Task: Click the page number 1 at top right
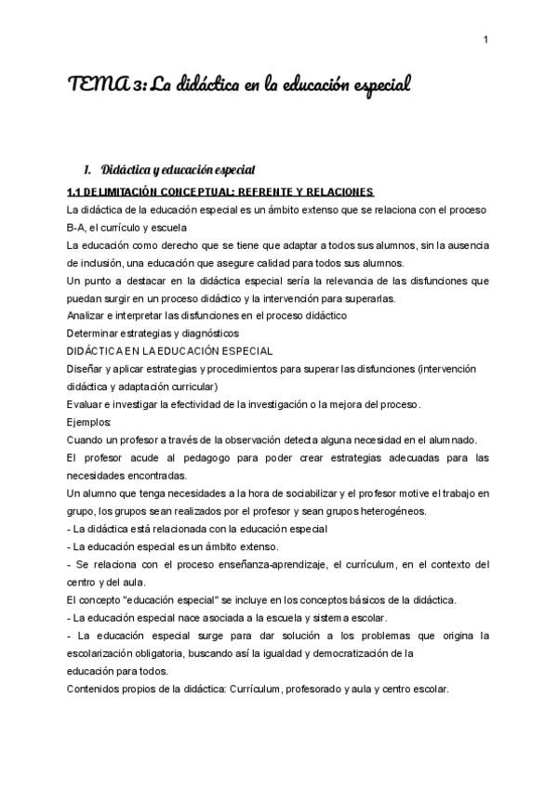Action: coord(486,39)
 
